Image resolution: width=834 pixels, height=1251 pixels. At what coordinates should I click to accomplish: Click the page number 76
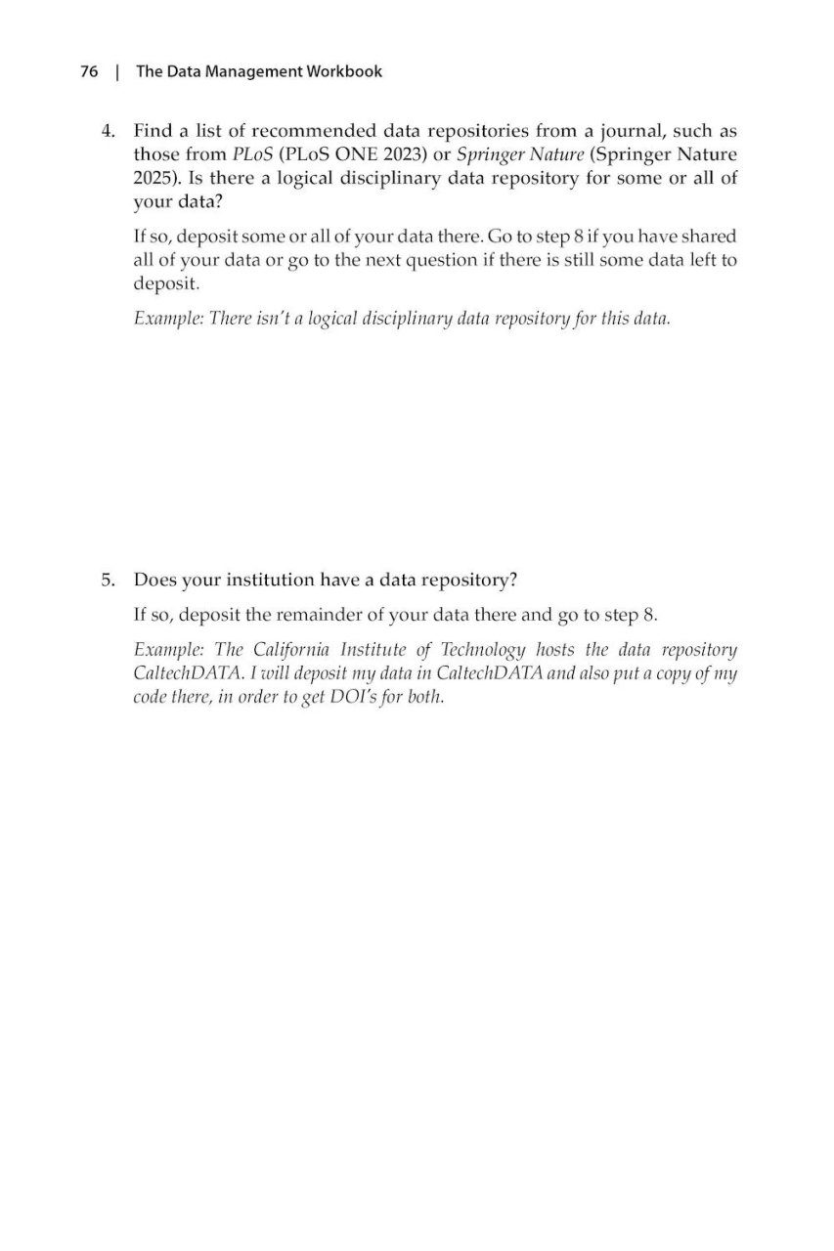tap(89, 71)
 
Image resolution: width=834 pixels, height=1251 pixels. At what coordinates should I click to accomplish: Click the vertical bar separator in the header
tap(117, 71)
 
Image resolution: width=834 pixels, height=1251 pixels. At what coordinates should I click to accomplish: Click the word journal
tap(601, 130)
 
